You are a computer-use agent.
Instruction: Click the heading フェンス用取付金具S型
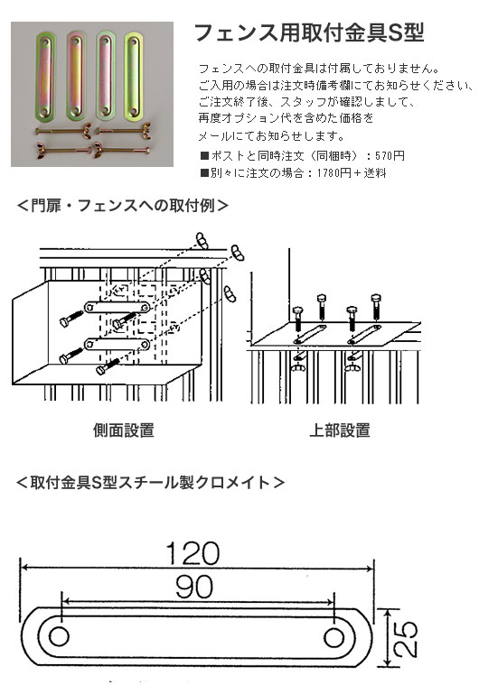pyautogui.click(x=309, y=32)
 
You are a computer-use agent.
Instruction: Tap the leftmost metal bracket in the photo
pyautogui.click(x=45, y=76)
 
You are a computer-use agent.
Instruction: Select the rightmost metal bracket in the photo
pyautogui.click(x=134, y=76)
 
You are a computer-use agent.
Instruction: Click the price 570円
pyautogui.click(x=390, y=156)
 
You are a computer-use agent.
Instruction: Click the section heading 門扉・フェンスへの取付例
pyautogui.click(x=123, y=206)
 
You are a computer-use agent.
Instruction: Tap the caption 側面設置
pyautogui.click(x=124, y=430)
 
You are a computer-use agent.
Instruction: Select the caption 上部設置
pyautogui.click(x=340, y=430)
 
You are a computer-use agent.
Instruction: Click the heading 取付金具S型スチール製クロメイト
pyautogui.click(x=150, y=482)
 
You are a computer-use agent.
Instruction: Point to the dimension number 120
pyautogui.click(x=193, y=553)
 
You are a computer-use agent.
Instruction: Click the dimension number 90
pyautogui.click(x=194, y=587)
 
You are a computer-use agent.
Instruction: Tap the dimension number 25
pyautogui.click(x=406, y=639)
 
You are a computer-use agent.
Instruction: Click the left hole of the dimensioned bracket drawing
pyautogui.click(x=59, y=637)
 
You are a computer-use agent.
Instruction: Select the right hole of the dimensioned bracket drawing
pyautogui.click(x=333, y=637)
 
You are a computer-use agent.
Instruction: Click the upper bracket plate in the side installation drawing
pyautogui.click(x=117, y=307)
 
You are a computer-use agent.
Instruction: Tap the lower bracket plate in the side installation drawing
pyautogui.click(x=117, y=344)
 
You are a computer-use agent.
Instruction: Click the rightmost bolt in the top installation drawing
pyautogui.click(x=376, y=306)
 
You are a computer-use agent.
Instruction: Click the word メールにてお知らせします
pyautogui.click(x=271, y=136)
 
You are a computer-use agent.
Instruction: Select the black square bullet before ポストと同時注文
pyautogui.click(x=204, y=156)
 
